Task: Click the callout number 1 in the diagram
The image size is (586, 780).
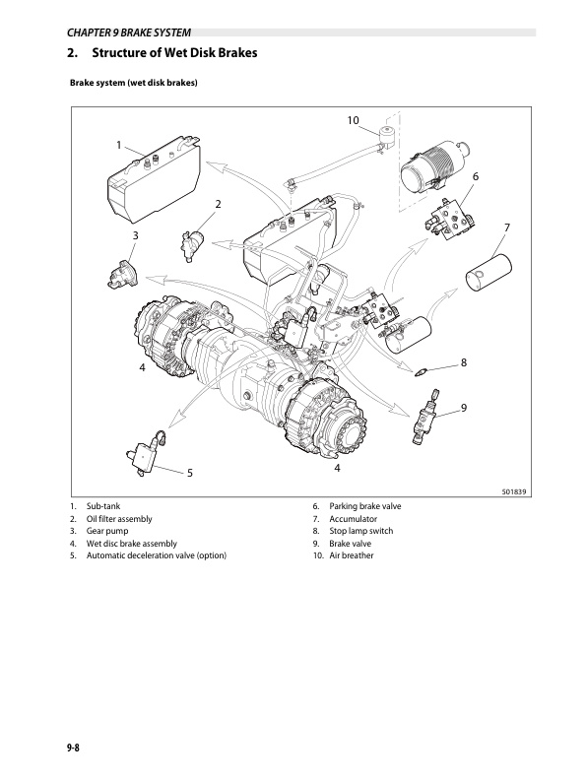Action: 119,145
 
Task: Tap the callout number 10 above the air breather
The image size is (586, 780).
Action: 353,120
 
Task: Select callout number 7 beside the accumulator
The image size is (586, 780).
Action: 506,228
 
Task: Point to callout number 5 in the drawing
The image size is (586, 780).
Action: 190,473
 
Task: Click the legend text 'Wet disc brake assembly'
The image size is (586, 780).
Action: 132,544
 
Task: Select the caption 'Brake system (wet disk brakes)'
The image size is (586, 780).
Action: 134,83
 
